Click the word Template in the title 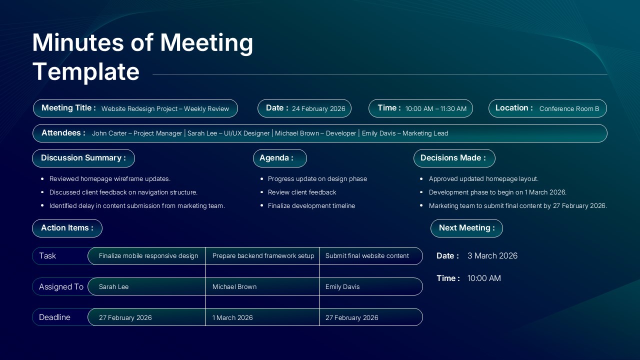click(85, 71)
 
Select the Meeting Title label click(68, 108)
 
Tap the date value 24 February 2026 click(318, 108)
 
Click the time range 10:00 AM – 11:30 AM click(435, 108)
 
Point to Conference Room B click(569, 108)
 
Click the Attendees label click(63, 133)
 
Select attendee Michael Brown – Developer click(315, 133)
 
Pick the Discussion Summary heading click(83, 158)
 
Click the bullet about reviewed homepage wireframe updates click(110, 179)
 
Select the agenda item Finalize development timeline click(311, 206)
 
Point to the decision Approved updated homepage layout click(483, 179)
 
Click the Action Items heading click(67, 228)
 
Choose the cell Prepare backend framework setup click(263, 256)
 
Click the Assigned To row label click(61, 287)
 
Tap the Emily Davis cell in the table click(342, 287)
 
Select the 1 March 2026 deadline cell click(232, 318)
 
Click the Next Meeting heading click(466, 228)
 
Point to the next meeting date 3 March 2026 click(492, 256)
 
